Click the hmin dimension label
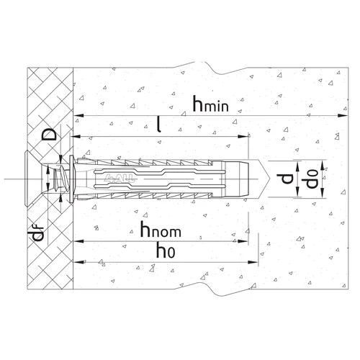(x=210, y=104)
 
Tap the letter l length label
(x=158, y=125)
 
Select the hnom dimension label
(x=161, y=230)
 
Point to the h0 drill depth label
(x=166, y=250)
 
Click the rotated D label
(x=49, y=134)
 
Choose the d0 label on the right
(x=312, y=179)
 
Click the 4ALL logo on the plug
(x=120, y=179)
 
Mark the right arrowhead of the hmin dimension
(x=343, y=116)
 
